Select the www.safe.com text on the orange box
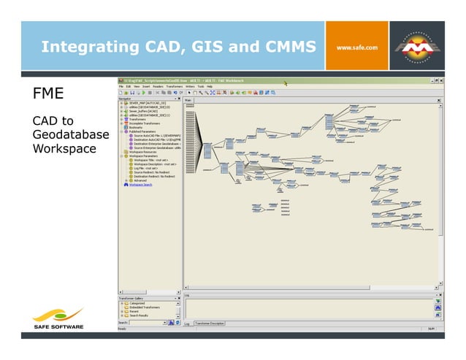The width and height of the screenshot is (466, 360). coord(356,48)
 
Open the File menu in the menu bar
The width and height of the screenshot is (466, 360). coord(121,87)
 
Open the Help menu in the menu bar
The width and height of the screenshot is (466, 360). coord(209,87)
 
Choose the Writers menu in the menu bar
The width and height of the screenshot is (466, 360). coord(190,87)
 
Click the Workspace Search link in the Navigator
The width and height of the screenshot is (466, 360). coord(141,184)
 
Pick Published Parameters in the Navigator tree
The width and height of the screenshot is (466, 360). coord(145,131)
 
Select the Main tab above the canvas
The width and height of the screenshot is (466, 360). coord(188,99)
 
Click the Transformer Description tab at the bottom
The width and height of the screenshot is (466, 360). coord(210,323)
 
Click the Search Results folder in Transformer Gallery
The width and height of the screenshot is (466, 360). coord(138,315)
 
